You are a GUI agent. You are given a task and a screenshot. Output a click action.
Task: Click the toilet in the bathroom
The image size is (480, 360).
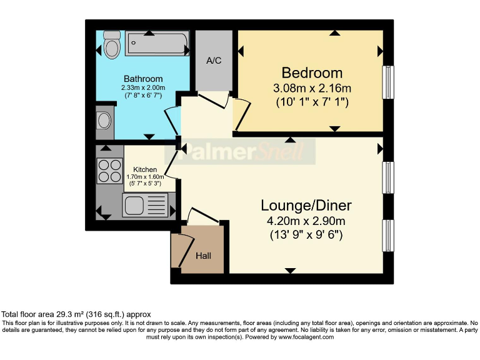coord(112,44)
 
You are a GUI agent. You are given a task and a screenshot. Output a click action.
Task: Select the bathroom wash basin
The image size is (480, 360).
coord(104,120)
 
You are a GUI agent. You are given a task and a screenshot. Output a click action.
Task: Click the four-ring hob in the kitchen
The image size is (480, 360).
coord(109,169)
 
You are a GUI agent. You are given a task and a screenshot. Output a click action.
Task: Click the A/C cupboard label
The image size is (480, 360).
coord(214,61)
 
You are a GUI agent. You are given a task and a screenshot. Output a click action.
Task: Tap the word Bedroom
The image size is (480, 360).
coord(312,72)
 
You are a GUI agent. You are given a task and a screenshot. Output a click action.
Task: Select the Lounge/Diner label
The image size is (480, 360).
coord(306,205)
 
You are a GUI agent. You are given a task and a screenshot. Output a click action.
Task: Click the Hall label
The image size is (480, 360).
coord(204,256)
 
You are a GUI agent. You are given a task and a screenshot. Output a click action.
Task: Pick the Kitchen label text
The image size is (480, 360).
coord(145,169)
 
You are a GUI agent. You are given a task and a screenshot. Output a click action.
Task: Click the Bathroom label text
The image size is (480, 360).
coord(143,79)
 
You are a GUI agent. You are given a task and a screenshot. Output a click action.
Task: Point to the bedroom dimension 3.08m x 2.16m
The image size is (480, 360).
coord(312,87)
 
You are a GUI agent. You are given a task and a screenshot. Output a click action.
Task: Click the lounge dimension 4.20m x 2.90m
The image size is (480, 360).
coord(306,221)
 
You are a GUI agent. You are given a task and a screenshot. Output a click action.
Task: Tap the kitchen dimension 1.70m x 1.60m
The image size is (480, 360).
coord(145,177)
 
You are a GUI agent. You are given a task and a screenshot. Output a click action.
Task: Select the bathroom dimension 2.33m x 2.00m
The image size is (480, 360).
coord(143,88)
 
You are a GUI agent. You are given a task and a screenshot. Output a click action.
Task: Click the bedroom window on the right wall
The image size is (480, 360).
coord(388,81)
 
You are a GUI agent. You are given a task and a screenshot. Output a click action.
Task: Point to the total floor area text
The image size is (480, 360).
coord(76,314)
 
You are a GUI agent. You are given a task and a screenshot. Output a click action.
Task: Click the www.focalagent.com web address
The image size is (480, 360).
coord(306,337)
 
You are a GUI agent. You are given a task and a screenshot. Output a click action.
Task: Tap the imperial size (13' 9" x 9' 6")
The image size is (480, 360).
coord(306,235)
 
